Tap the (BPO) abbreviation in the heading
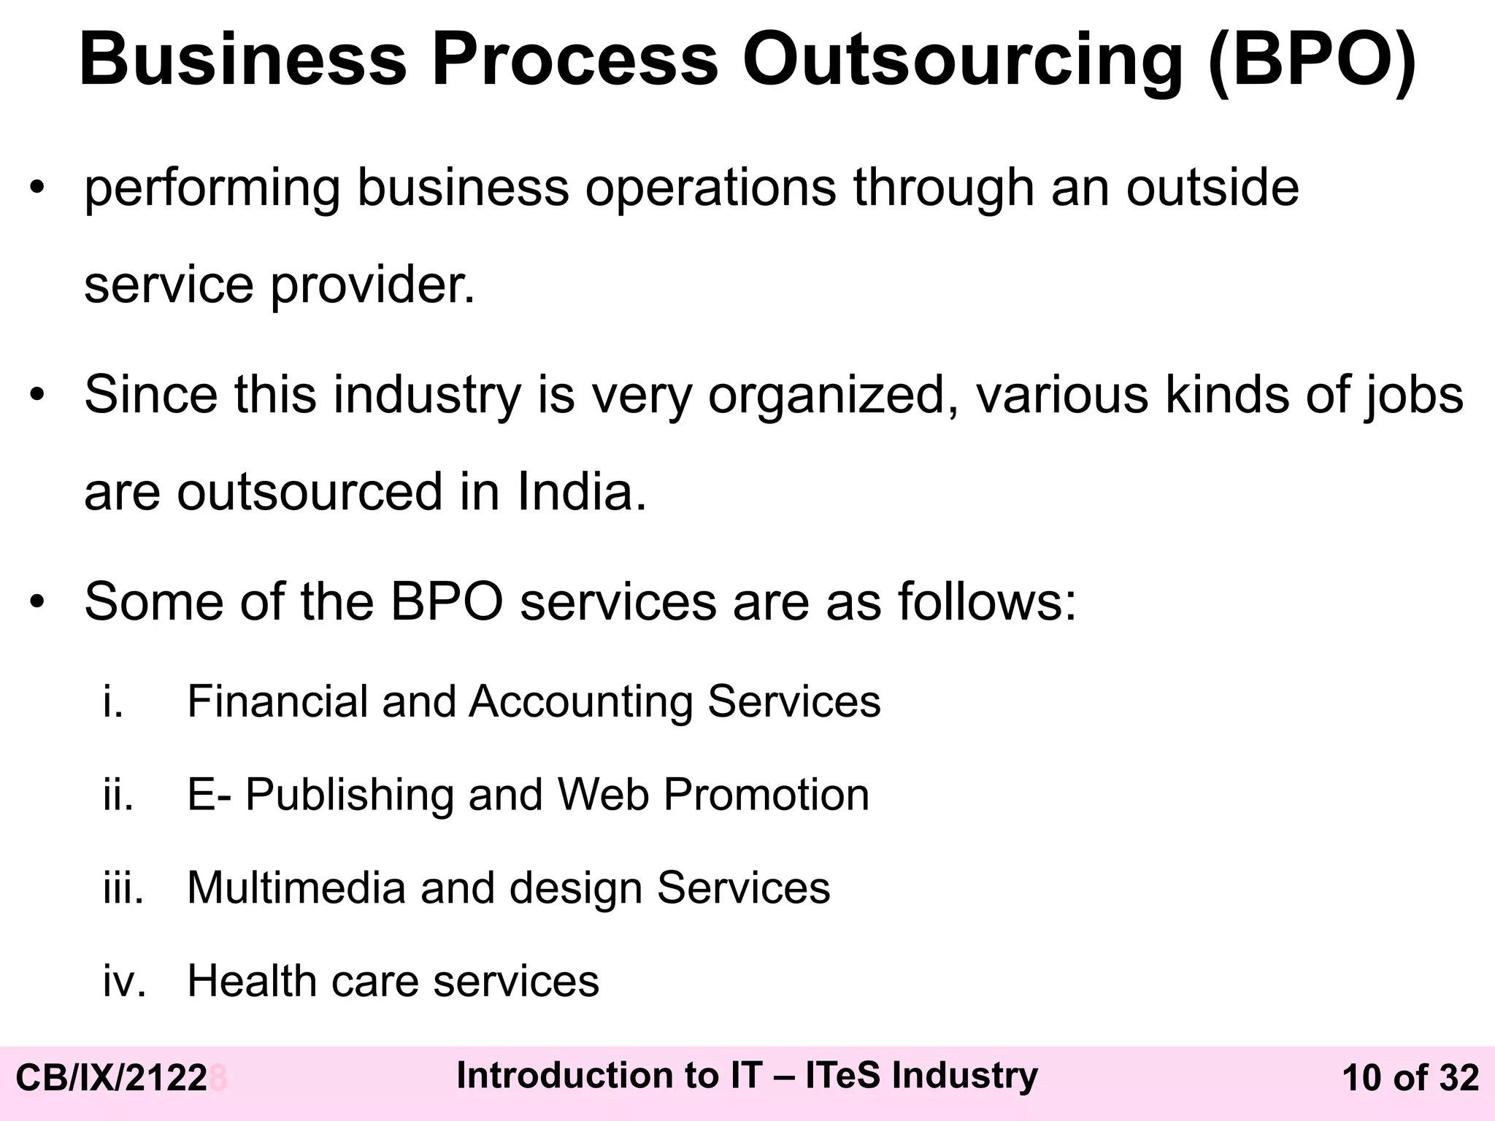pos(1312,60)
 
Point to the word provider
pos(373,286)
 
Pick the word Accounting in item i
pos(581,701)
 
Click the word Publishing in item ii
pos(350,795)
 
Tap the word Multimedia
pos(296,888)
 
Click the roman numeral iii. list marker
pos(123,888)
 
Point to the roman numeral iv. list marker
pos(125,981)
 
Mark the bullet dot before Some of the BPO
pos(37,602)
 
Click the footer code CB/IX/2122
pos(112,1078)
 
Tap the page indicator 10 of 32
pos(1410,1078)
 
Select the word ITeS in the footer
pos(843,1075)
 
